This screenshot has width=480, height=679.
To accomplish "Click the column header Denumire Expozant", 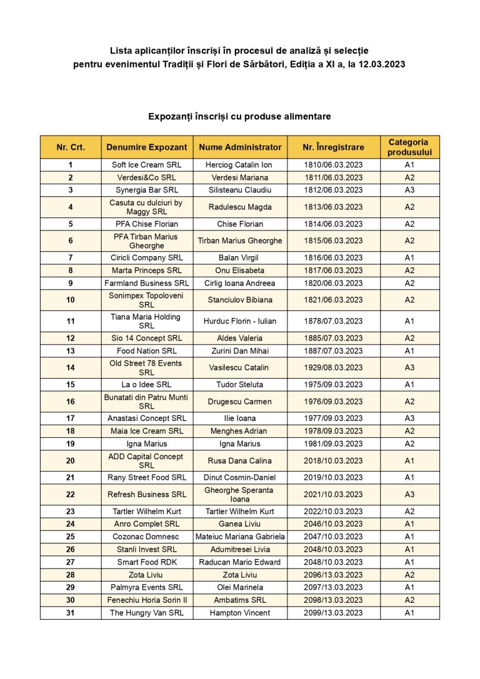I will coord(146,147).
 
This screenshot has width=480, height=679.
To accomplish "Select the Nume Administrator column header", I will coord(240,147).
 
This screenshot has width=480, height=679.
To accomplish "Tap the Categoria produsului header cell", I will coord(409,147).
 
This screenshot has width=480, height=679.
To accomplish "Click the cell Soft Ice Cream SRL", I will coord(146,165).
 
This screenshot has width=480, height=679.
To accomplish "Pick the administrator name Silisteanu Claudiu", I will coord(240,190).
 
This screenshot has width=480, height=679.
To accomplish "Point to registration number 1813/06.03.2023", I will coord(332,207).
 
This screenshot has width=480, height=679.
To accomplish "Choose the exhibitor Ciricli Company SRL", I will coord(146,257).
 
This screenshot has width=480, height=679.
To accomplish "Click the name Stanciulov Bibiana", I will coord(240,300).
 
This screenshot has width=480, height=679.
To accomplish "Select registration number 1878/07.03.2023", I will coord(332,321).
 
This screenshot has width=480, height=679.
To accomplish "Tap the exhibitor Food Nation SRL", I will coord(146,350).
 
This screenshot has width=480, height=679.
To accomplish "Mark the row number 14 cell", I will coord(71,367).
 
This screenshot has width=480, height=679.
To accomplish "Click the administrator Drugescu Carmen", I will coord(240,402).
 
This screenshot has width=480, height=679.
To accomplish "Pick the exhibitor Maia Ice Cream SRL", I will coord(146,431).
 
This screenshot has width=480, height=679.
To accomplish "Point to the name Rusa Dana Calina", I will coord(240,460).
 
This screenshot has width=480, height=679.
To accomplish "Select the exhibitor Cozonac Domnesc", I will coord(146,537).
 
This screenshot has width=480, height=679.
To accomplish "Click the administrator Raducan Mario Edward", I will coord(240,562).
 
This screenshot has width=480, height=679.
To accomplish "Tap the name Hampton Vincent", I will coord(240,613).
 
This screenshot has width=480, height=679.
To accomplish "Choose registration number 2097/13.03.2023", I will coord(332,587).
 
